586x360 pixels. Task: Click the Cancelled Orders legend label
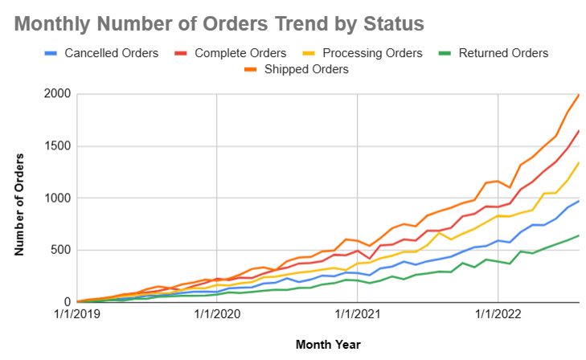(x=110, y=53)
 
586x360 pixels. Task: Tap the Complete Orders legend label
(x=239, y=53)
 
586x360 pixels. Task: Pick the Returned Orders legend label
(x=503, y=53)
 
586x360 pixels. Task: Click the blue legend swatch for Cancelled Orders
(x=51, y=53)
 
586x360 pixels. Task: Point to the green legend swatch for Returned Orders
(x=445, y=53)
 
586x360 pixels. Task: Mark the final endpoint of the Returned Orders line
(x=579, y=235)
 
